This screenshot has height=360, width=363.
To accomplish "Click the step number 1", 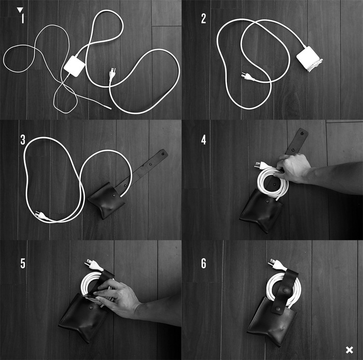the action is [22, 19].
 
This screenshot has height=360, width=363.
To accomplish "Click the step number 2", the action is [203, 19].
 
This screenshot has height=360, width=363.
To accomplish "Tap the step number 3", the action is [23, 140].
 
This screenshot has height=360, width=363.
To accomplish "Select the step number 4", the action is [203, 140].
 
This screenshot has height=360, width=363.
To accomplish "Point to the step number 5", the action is [23, 263].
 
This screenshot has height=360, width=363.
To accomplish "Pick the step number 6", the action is [203, 263].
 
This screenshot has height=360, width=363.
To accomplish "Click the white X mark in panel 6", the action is [350, 350].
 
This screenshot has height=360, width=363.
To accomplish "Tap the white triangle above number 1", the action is [20, 10].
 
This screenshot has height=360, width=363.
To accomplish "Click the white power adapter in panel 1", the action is [75, 66].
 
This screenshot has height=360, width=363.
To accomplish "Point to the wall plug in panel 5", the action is [94, 265].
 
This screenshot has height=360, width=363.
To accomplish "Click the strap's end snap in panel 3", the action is [163, 153].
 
